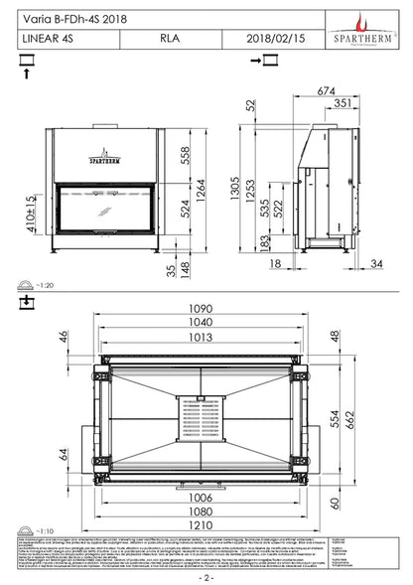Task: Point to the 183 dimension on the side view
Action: pos(262,245)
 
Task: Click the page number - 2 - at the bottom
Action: pos(206,576)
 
